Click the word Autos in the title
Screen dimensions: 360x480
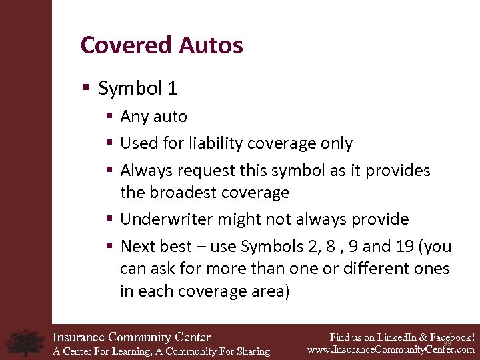210,45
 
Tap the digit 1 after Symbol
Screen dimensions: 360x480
172,88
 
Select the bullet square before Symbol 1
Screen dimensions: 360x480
85,88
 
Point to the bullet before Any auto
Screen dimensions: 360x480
110,117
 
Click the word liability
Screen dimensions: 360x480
217,143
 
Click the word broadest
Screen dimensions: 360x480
183,193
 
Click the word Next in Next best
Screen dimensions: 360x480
137,247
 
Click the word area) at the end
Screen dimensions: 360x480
271,291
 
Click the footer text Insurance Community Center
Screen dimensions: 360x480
131,337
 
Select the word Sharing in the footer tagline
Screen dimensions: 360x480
251,351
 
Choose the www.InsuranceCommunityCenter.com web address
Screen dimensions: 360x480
391,349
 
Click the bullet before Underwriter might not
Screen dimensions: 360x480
110,219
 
